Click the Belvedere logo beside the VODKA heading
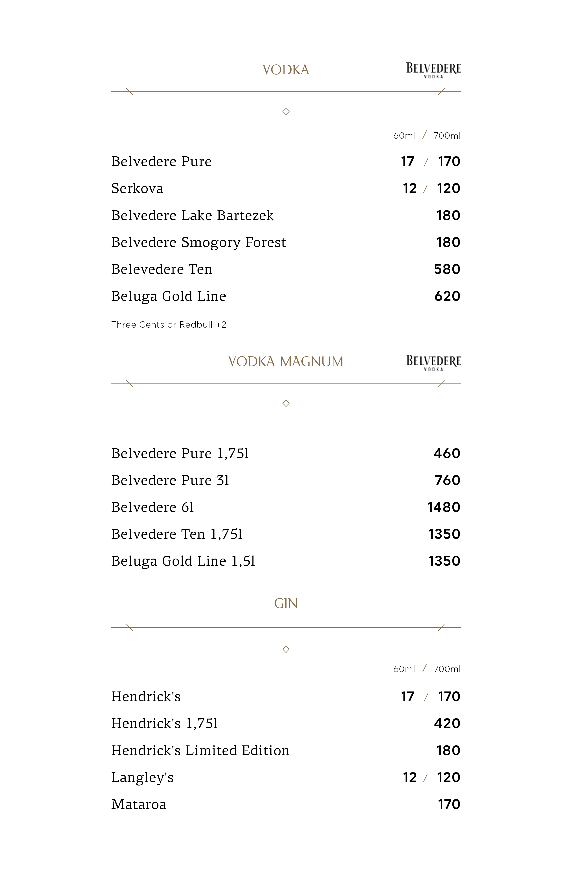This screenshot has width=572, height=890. point(433,70)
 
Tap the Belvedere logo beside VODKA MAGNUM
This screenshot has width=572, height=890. point(433,363)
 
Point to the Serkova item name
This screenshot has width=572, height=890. point(137,189)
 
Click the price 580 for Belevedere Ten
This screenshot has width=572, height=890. point(447,269)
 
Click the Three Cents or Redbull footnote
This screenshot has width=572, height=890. point(169,325)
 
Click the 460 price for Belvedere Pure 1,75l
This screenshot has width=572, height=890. point(447,453)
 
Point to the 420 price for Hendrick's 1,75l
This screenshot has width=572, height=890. point(447,724)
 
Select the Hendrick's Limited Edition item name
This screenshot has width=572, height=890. point(200,751)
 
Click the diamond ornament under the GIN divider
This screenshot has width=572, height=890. point(286,649)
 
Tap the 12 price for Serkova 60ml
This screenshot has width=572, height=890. point(410,189)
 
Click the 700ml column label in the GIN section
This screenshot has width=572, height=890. point(447,669)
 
